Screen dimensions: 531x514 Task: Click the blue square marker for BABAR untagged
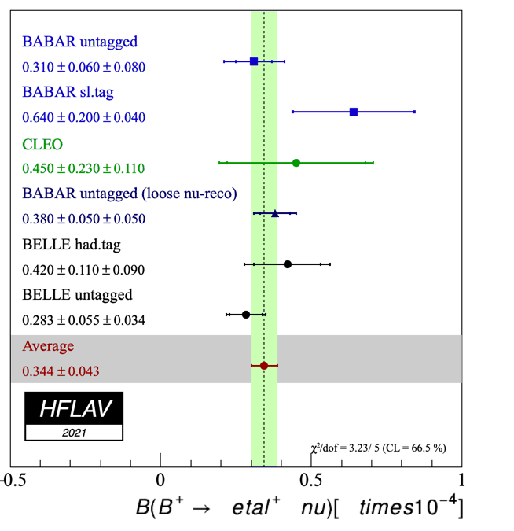tap(254, 61)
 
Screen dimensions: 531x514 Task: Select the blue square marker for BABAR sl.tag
tap(354, 112)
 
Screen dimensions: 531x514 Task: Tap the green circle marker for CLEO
tap(296, 163)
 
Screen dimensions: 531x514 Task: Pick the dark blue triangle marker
tap(275, 213)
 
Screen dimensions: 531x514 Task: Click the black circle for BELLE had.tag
tap(288, 264)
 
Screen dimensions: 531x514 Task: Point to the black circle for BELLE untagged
tap(246, 314)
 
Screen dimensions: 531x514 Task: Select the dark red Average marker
tap(264, 365)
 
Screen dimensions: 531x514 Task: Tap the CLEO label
tap(42, 144)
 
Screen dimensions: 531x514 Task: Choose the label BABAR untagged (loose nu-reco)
tap(130, 194)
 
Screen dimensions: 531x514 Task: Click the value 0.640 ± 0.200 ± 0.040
tap(83, 117)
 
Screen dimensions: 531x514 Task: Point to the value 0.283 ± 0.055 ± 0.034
tap(83, 320)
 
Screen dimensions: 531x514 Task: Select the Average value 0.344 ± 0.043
tap(61, 371)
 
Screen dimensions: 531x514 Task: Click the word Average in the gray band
tap(48, 345)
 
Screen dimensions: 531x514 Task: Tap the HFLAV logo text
tap(73, 408)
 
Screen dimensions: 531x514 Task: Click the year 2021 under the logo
tap(73, 432)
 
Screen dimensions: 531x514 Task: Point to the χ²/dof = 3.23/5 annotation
tap(380, 448)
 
